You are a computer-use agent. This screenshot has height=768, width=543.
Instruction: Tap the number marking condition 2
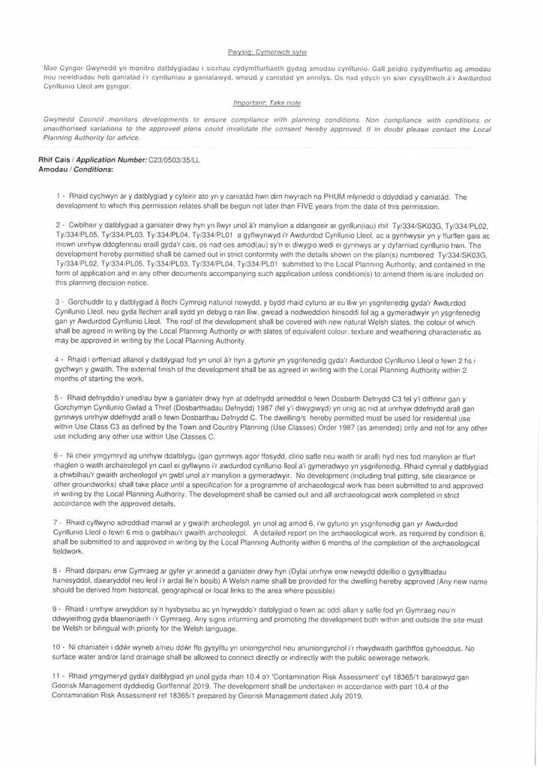point(58,225)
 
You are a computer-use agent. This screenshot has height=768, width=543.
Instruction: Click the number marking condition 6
point(58,455)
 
